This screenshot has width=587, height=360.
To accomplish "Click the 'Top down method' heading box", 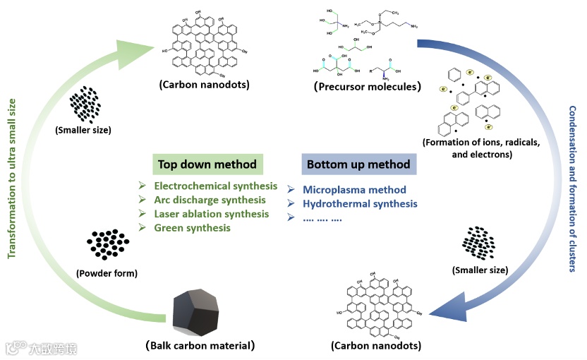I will (207, 164).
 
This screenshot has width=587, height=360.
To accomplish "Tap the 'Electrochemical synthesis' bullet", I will (216, 186).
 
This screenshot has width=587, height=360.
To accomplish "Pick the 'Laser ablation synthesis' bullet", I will (212, 214).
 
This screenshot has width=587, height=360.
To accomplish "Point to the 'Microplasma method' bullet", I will (354, 190).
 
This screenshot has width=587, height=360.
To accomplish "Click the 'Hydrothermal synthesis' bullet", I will (360, 204).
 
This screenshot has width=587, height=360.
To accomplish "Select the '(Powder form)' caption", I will (107, 273).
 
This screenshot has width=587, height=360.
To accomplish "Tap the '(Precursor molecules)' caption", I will (367, 88).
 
